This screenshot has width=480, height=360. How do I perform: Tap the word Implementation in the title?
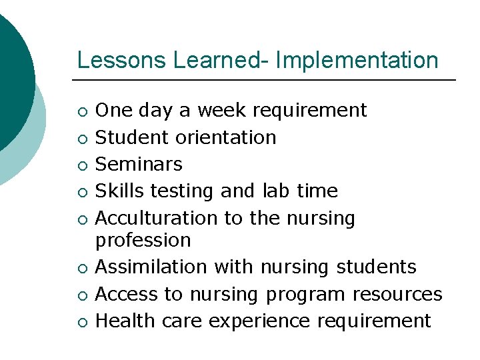(357, 60)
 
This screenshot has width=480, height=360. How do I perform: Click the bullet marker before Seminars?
(81, 165)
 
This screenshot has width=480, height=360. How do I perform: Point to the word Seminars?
(139, 164)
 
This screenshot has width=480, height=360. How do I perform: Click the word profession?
(143, 240)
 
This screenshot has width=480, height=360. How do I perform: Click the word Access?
(128, 294)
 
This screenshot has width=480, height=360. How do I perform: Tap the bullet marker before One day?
(81, 111)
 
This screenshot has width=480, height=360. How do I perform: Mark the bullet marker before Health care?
(81, 322)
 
